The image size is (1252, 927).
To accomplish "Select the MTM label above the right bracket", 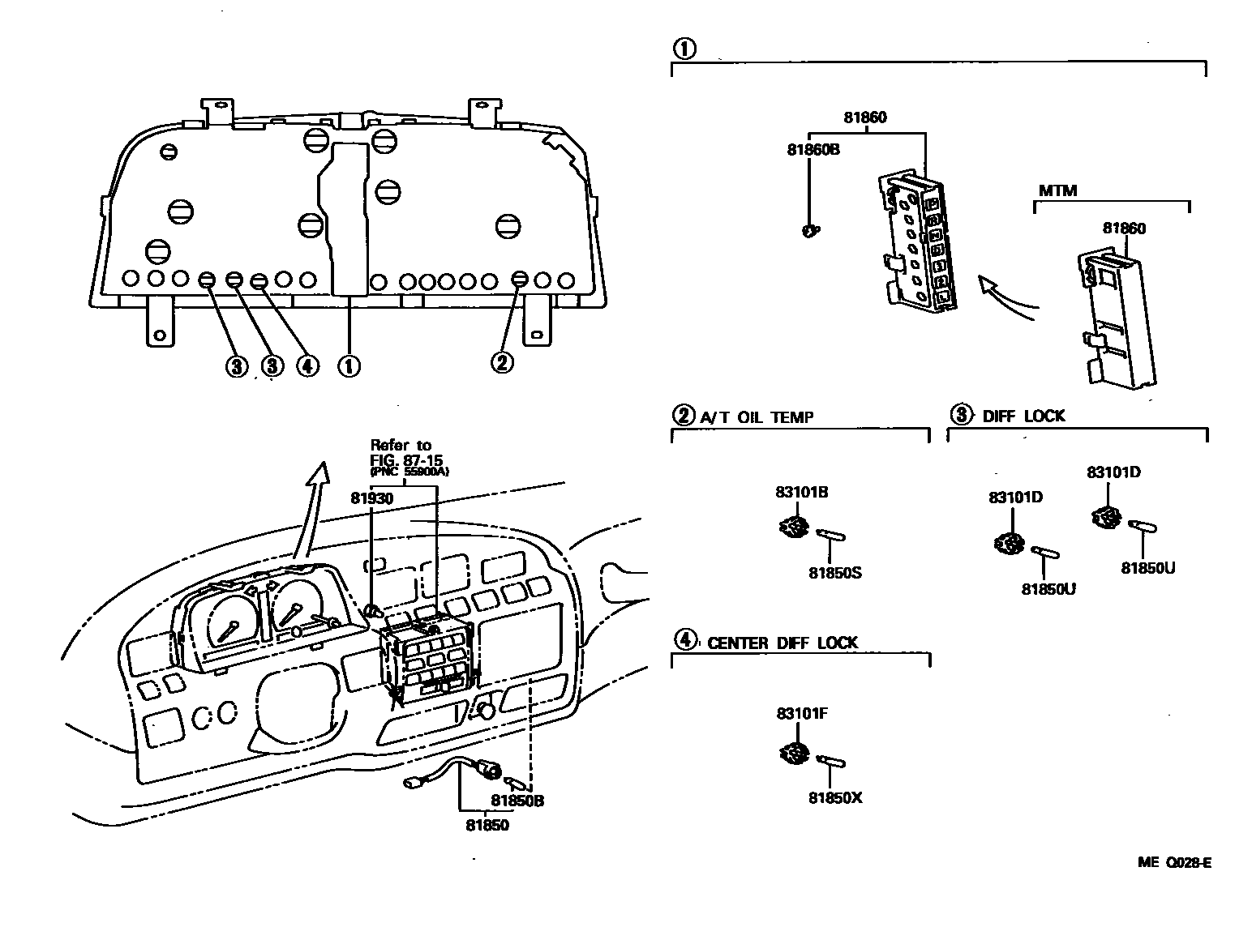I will [x=1057, y=190].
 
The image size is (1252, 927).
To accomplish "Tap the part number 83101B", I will [x=801, y=492].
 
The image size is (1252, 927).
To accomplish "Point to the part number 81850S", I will [x=834, y=573].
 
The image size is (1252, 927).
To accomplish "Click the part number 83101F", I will [x=801, y=714].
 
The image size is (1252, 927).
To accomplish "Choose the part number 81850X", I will [x=834, y=797].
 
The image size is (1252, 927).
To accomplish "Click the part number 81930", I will [x=371, y=499].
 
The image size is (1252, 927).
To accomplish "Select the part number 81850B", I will [x=517, y=801].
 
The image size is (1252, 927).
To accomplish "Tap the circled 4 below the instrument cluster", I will [x=307, y=366].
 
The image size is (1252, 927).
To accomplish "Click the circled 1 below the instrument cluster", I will [x=349, y=366].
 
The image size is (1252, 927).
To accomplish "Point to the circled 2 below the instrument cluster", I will [x=503, y=362].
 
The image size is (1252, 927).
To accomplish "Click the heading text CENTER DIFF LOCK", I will [x=782, y=643].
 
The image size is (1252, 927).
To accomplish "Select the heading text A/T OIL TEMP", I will [x=757, y=417].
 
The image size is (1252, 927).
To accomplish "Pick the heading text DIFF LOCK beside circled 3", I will [x=1023, y=417].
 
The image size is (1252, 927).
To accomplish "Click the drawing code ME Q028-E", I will [x=1174, y=863].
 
